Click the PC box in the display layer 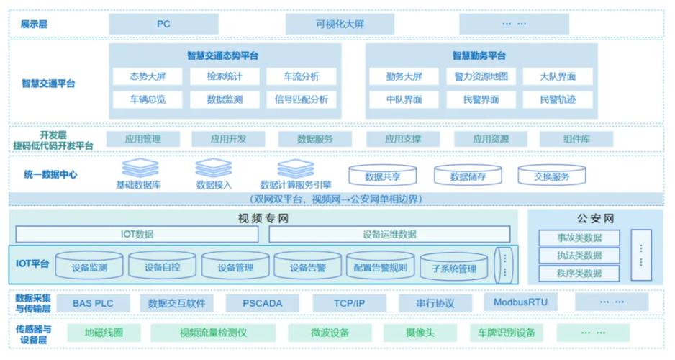[x=163, y=24]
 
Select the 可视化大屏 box [x=340, y=24]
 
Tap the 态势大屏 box [x=148, y=76]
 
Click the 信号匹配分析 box [x=301, y=99]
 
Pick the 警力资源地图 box [x=481, y=76]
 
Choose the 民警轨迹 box [x=558, y=99]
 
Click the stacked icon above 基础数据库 [x=140, y=167]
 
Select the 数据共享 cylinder [x=383, y=176]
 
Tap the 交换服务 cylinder [x=552, y=176]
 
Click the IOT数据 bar [x=136, y=234]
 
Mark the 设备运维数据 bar [x=389, y=234]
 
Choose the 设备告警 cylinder [x=309, y=267]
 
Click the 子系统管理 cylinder [x=453, y=269]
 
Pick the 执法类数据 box [x=579, y=256]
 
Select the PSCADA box [x=262, y=303]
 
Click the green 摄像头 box [x=420, y=333]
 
